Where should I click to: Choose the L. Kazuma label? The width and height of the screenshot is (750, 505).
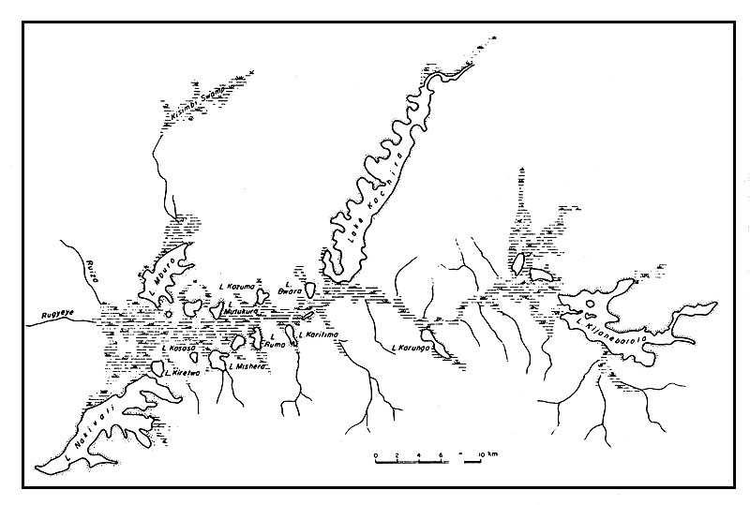pyautogui.click(x=235, y=285)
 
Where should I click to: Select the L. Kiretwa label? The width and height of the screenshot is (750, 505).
pyautogui.click(x=168, y=372)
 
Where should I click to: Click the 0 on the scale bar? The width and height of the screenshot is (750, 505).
pyautogui.click(x=375, y=454)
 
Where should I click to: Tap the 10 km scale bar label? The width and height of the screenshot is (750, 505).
pyautogui.click(x=480, y=454)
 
